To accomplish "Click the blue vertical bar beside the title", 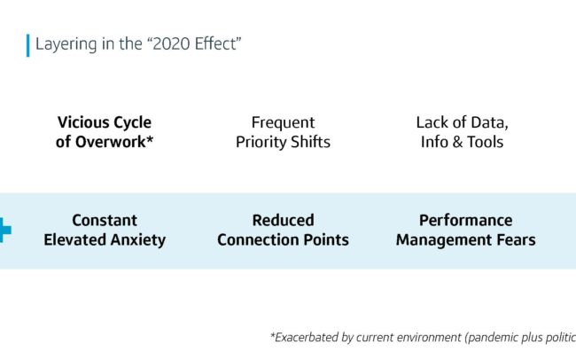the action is pos(28,45).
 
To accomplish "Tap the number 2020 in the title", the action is pos(171,43).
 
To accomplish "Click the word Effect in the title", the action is pos(215,43).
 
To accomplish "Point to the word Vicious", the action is pos(80,122).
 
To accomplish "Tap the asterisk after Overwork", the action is pos(150,140).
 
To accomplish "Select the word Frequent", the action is pos(284,123).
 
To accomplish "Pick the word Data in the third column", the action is pos(489,123).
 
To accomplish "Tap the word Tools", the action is pos(485,142).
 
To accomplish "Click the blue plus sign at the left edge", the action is pos(4,231).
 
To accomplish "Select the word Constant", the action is pos(105,221).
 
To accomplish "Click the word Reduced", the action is pos(284,221).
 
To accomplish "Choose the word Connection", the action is pos(253,240).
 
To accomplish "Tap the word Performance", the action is pos(466,221).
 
